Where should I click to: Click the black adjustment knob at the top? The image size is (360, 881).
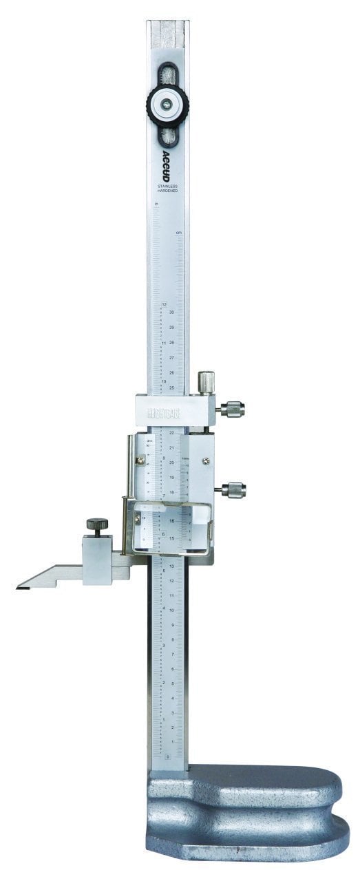pos(167,104)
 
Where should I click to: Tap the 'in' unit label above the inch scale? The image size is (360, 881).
pos(157,204)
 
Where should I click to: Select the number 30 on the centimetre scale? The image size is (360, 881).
pos(171,312)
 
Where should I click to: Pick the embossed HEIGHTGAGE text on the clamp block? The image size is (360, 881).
pos(163,414)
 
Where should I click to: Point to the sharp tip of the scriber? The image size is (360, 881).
pos(19,587)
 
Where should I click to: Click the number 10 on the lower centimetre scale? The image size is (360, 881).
pos(171,610)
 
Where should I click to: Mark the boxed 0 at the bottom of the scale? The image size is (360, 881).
pos(167,757)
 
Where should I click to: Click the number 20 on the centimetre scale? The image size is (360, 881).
pos(171,463)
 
